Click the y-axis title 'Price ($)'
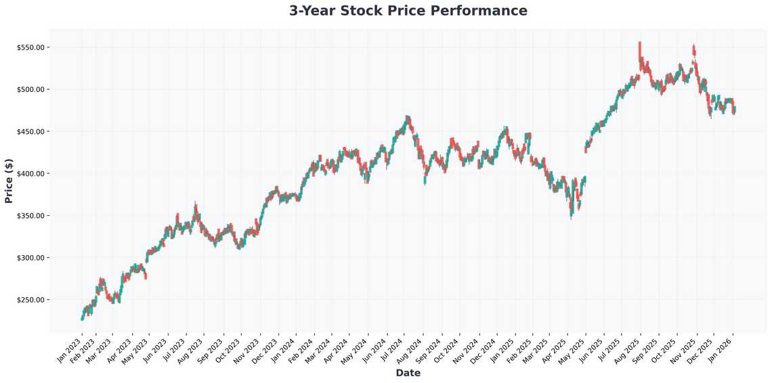point(9,181)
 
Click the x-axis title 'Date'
point(408,373)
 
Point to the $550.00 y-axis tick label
point(30,47)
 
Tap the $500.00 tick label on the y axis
point(30,89)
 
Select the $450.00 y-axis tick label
point(30,131)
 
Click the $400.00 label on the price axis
point(30,173)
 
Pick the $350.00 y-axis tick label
point(30,216)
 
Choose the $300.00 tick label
point(30,258)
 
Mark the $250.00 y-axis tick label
point(30,300)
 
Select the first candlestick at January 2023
point(83,317)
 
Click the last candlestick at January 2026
point(734,110)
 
